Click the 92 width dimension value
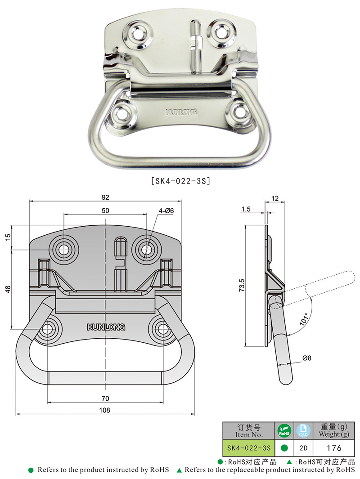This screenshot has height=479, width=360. (x=105, y=197)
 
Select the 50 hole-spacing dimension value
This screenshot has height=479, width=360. (x=105, y=210)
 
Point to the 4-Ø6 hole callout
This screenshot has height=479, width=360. (x=166, y=210)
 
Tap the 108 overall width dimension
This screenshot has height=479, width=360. (x=104, y=410)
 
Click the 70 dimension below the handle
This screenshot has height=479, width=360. (x=105, y=398)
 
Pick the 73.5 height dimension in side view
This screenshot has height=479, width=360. (x=242, y=285)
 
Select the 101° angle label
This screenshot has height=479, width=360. (x=304, y=319)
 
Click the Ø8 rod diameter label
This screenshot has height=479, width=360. (x=306, y=358)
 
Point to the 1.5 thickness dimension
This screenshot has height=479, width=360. (x=246, y=209)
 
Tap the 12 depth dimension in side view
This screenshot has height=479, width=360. (x=275, y=198)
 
